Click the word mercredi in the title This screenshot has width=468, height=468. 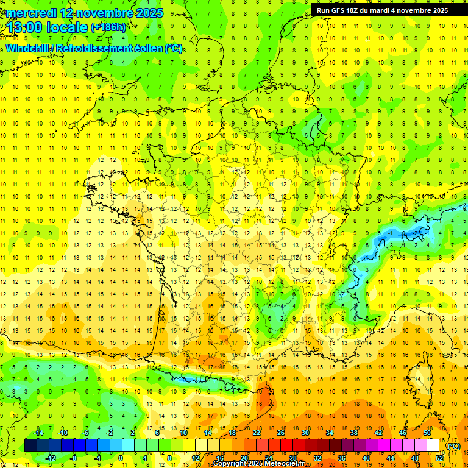pyautogui.click(x=31, y=13)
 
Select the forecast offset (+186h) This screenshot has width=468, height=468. pyautogui.click(x=108, y=27)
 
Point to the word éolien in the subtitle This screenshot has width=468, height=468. pyautogui.click(x=146, y=49)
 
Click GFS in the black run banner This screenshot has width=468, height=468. pyautogui.click(x=339, y=10)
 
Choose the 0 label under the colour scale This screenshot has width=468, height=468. pyautogui.click(x=121, y=458)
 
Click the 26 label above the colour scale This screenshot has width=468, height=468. pyautogui.click(x=281, y=433)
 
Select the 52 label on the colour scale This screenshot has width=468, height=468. pyautogui.click(x=439, y=458)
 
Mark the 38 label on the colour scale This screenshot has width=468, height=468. pyautogui.click(x=353, y=433)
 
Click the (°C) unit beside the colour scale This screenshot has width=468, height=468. pyautogui.click(x=453, y=446)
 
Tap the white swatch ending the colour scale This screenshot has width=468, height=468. pyautogui.click(x=433, y=445)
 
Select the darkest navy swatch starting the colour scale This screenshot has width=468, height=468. pyautogui.click(x=30, y=445)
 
